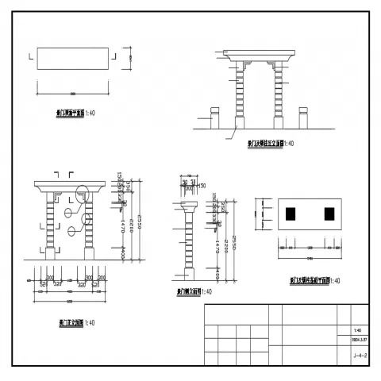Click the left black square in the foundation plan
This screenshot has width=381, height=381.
(291, 213)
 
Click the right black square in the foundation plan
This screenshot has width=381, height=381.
(329, 213)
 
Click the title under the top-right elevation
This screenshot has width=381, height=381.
(270, 144)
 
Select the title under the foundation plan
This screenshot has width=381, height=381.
(314, 280)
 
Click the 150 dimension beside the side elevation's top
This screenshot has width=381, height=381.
(202, 186)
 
